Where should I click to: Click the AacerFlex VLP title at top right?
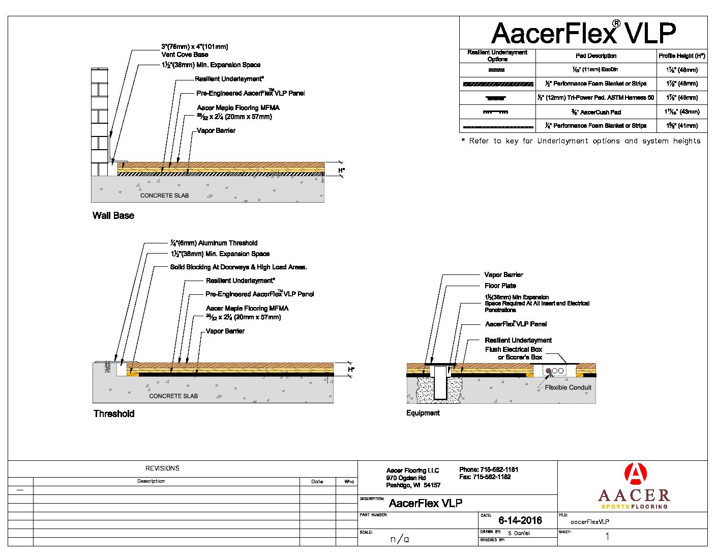pos(583,33)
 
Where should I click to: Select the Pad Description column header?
pos(596,56)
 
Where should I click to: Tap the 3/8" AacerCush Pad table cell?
pos(596,112)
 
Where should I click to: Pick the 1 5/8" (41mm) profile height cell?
pos(681,126)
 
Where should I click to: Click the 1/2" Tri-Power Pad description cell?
pos(596,98)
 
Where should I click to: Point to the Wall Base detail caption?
pos(113,216)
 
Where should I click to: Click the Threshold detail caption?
pos(114,414)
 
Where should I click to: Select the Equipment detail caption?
pos(423,413)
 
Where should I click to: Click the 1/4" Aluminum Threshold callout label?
pos(214,243)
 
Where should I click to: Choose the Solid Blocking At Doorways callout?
pos(238,267)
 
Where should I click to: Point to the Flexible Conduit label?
pos(568,387)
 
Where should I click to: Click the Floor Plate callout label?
pos(500,286)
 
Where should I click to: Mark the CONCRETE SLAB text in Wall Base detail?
pos(164,196)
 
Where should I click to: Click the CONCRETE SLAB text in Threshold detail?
pos(173,396)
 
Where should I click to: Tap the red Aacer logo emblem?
pos(635,474)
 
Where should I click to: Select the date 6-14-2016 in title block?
pos(520,520)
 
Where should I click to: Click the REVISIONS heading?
pos(162,468)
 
